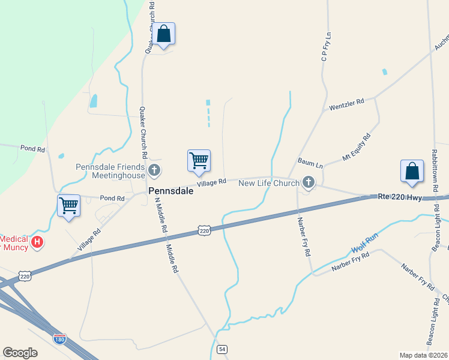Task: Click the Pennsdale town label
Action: pos(171,191)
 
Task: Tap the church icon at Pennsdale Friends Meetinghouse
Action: pos(154,171)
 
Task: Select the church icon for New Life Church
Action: pos(309,182)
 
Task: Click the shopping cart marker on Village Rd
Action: pos(199,161)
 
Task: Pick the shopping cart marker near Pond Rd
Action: pos(68,206)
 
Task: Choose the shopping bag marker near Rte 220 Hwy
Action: pos(412,171)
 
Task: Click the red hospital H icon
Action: pos(37,242)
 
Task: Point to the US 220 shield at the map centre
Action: pos(204,230)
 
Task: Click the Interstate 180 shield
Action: pos(59,338)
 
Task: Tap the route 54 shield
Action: pos(222,349)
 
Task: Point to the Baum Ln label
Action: pos(310,163)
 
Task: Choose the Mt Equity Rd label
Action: pos(357,146)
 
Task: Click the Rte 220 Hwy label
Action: pos(400,196)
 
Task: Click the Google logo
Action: pos(20,353)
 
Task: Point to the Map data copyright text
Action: pos(423,355)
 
